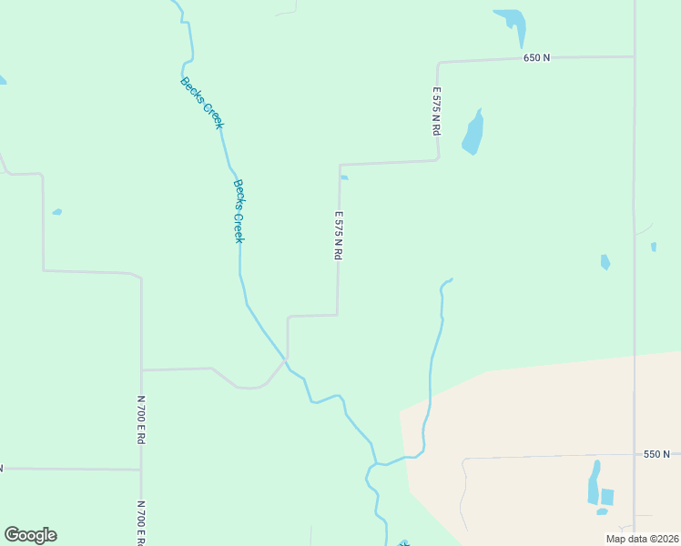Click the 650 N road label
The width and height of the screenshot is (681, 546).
536,57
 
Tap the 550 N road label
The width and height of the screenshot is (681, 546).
656,453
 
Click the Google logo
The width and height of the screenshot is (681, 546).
30,535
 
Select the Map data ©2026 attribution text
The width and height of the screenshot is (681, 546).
641,539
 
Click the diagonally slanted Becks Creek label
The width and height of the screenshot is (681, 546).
201,103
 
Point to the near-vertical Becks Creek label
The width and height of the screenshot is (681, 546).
239,210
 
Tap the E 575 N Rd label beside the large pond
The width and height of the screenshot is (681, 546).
437,111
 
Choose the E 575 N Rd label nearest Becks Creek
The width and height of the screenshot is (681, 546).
338,236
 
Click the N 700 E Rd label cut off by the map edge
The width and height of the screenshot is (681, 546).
142,522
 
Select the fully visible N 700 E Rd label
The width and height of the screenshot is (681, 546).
141,419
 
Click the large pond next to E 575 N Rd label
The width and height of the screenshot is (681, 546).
473,134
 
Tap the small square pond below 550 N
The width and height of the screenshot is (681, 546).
607,497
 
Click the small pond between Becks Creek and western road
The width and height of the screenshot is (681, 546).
57,212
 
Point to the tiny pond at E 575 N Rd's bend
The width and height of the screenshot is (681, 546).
344,177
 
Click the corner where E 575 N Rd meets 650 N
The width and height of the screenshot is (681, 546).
439,63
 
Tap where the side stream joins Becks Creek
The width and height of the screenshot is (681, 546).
372,466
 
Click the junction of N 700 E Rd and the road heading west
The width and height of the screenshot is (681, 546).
141,470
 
